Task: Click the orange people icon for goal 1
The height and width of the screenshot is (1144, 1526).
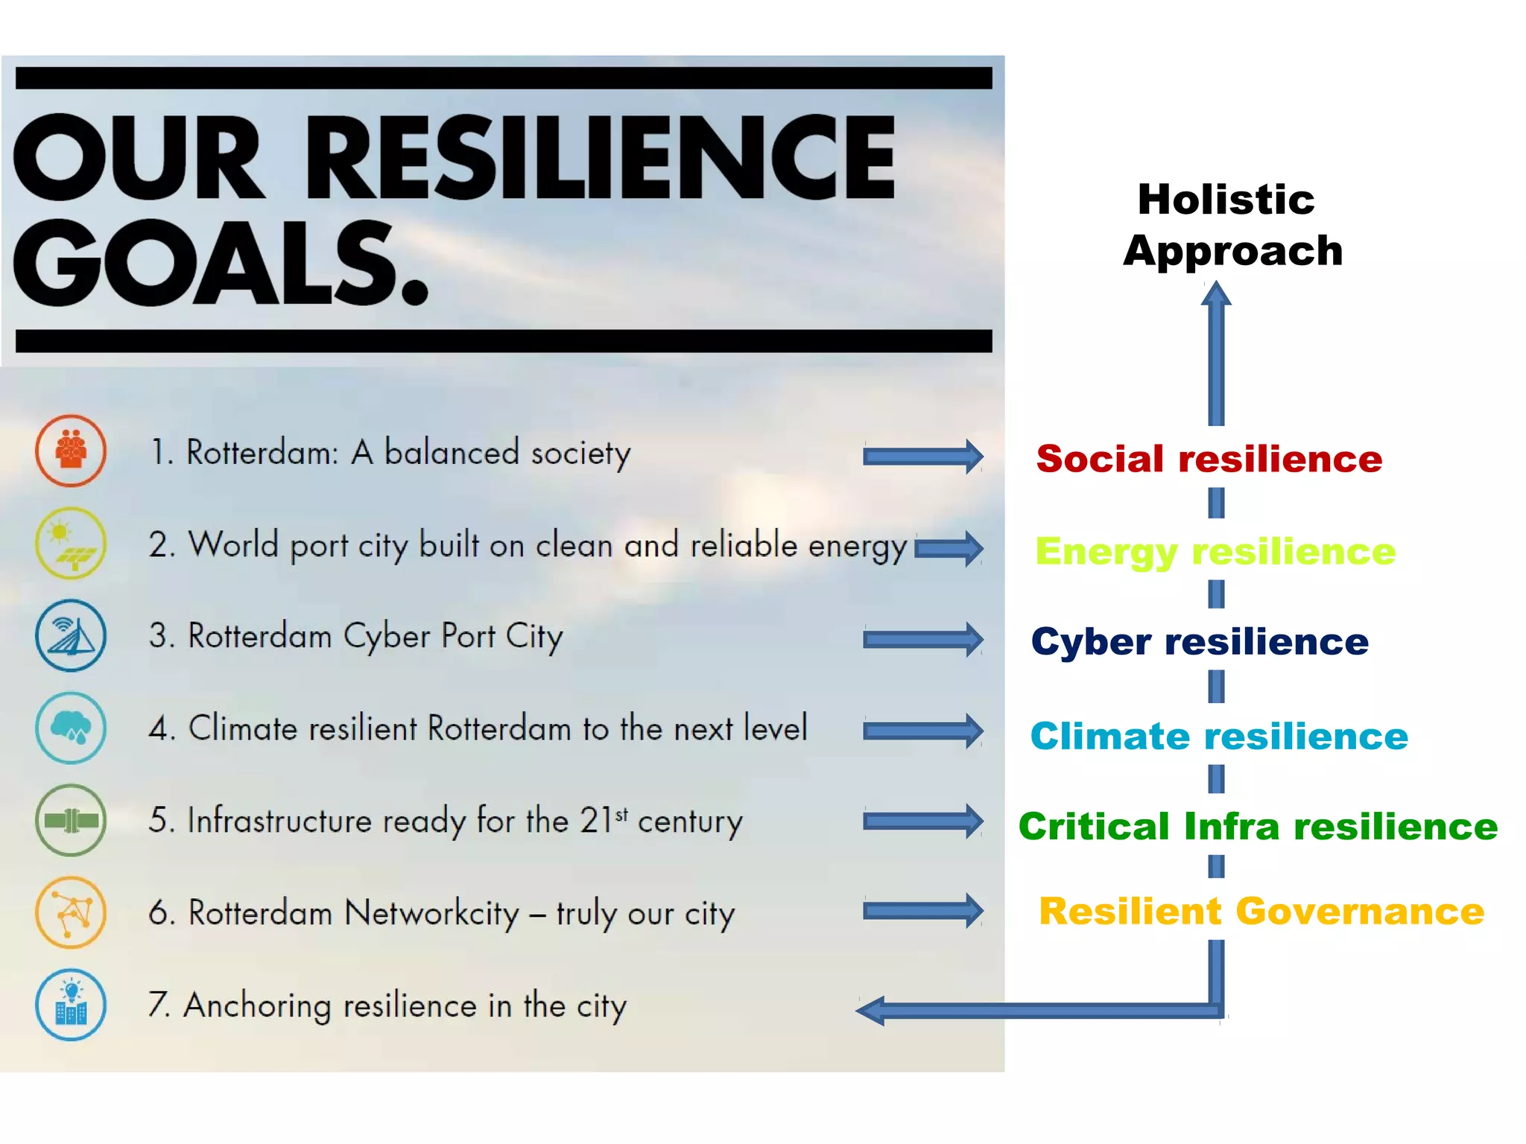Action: pyautogui.click(x=71, y=451)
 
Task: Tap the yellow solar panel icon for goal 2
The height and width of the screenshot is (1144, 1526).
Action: pyautogui.click(x=71, y=543)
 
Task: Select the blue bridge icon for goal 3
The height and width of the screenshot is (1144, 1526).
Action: pyautogui.click(x=71, y=635)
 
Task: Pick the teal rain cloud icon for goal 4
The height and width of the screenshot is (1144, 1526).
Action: pyautogui.click(x=71, y=728)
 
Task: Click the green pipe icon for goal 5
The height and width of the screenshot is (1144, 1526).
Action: pyautogui.click(x=71, y=820)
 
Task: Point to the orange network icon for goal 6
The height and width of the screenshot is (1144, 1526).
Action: pyautogui.click(x=71, y=912)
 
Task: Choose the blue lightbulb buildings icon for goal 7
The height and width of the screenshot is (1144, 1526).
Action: pyautogui.click(x=71, y=1005)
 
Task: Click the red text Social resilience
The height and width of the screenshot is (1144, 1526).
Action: pyautogui.click(x=1209, y=459)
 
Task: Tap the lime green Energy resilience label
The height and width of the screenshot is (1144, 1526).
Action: pyautogui.click(x=1215, y=552)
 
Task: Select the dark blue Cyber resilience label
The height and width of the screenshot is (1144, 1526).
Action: pyautogui.click(x=1200, y=642)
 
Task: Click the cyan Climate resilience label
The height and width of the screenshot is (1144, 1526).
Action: pyautogui.click(x=1219, y=737)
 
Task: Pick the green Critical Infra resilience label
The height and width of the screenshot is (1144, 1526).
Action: pyautogui.click(x=1258, y=827)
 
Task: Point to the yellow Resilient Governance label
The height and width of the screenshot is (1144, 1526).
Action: pyautogui.click(x=1261, y=912)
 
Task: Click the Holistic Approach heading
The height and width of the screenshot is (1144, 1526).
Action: pyautogui.click(x=1232, y=225)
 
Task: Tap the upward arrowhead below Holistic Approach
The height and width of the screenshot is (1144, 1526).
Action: pyautogui.click(x=1216, y=293)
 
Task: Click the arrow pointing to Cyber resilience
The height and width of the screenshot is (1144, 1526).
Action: pyautogui.click(x=922, y=640)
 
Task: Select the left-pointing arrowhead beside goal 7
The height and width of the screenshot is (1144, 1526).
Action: pyautogui.click(x=870, y=1011)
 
